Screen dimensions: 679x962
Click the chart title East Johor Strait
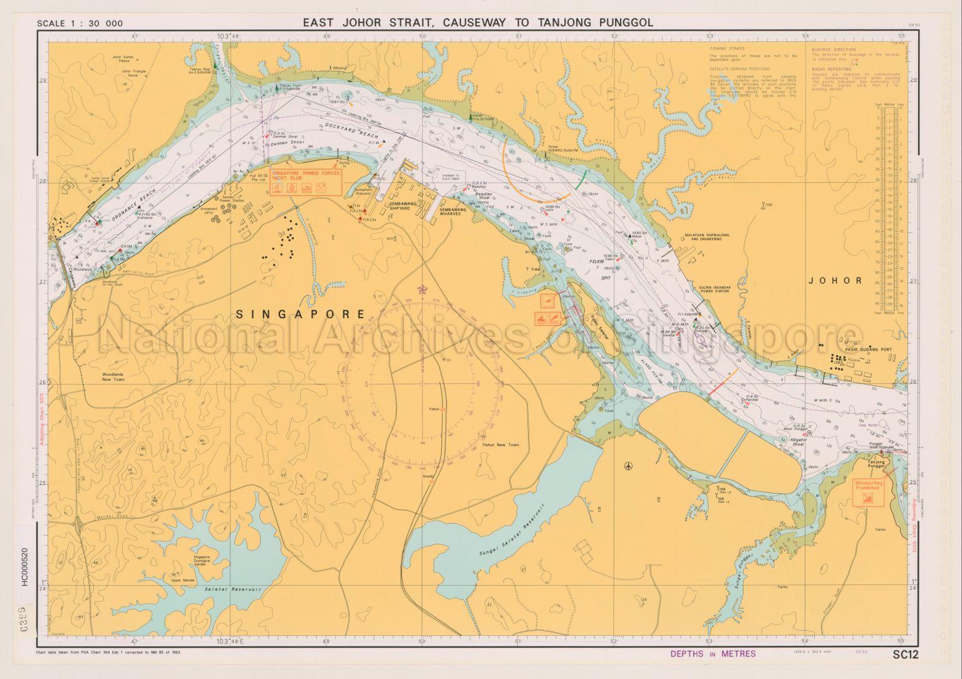(x=478, y=23)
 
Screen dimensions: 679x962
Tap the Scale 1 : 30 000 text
(x=80, y=24)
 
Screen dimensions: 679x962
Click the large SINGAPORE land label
(x=301, y=314)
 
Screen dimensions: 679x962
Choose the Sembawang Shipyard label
(x=400, y=207)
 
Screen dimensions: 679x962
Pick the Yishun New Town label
(x=500, y=445)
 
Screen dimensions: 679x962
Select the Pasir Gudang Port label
(x=866, y=350)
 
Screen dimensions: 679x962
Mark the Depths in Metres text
(x=713, y=654)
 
